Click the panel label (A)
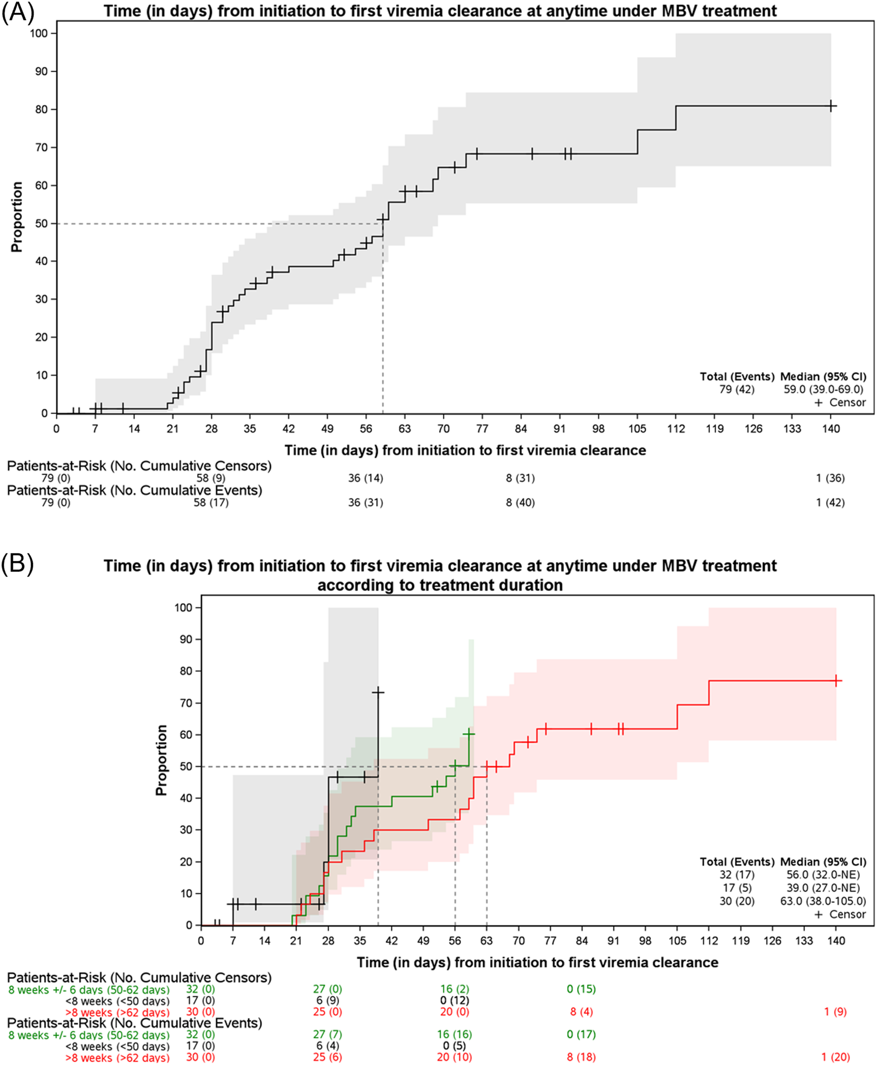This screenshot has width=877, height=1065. [x=17, y=13]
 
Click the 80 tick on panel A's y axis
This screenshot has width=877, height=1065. [x=41, y=109]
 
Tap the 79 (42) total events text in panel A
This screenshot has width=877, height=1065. [x=736, y=389]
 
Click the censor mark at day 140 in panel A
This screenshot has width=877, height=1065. [x=831, y=106]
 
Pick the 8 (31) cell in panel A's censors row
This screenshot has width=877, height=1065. [x=520, y=478]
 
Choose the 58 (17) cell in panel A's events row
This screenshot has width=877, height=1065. [x=211, y=502]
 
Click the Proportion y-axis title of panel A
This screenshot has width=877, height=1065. [x=17, y=217]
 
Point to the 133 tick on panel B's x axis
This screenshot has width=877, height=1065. [x=804, y=940]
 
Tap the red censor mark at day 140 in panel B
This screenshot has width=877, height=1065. [x=836, y=680]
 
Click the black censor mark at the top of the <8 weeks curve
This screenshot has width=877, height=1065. [x=378, y=692]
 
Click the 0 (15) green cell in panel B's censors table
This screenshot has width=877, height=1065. [x=581, y=989]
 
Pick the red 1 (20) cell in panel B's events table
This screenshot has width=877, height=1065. [x=835, y=1057]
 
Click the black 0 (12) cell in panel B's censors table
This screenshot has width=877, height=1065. [x=454, y=1000]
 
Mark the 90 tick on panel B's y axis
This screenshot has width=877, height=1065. [x=188, y=640]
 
